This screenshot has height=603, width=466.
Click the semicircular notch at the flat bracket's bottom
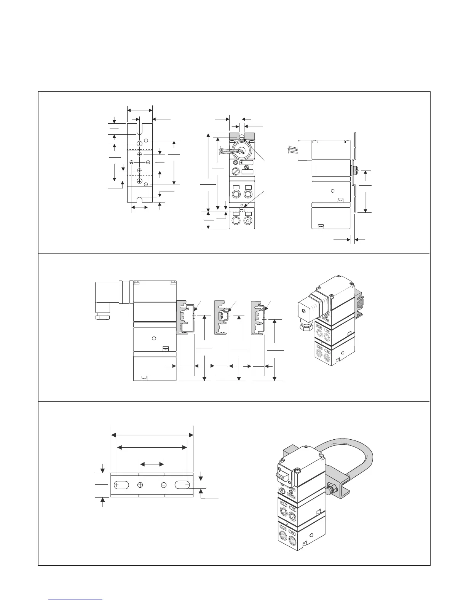[140, 200]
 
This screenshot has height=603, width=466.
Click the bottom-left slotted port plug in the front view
[235, 221]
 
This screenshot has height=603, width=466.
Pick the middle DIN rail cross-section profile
[222, 317]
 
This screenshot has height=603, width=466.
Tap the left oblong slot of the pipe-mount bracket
[121, 485]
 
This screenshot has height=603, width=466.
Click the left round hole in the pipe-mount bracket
[140, 485]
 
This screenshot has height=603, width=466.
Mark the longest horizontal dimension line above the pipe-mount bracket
[152, 435]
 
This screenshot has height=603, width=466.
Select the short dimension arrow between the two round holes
[152, 464]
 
